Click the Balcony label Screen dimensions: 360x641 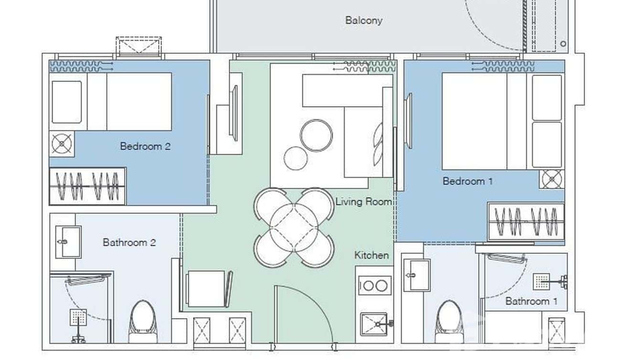pyautogui.click(x=363, y=21)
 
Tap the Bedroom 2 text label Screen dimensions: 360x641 pyautogui.click(x=145, y=147)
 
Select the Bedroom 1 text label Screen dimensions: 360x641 pyautogui.click(x=468, y=181)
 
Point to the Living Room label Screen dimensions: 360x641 pyautogui.click(x=363, y=202)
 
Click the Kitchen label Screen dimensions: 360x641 pyautogui.click(x=371, y=255)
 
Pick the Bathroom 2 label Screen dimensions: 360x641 pyautogui.click(x=129, y=243)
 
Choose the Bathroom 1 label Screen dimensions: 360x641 pyautogui.click(x=531, y=301)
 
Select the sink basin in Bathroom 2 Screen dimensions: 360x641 pyautogui.click(x=67, y=242)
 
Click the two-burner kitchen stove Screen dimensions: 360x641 pyautogui.click(x=374, y=286)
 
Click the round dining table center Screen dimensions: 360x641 pyautogui.click(x=294, y=227)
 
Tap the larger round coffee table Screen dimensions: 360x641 pyautogui.click(x=316, y=135)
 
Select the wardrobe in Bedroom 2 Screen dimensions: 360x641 pyautogui.click(x=87, y=186)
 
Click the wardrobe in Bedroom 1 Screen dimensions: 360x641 pyautogui.click(x=526, y=222)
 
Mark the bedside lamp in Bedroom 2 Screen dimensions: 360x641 pyautogui.click(x=62, y=144)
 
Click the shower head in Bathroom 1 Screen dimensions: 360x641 pyautogui.click(x=542, y=282)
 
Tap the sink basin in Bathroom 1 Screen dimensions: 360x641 pyautogui.click(x=416, y=275)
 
